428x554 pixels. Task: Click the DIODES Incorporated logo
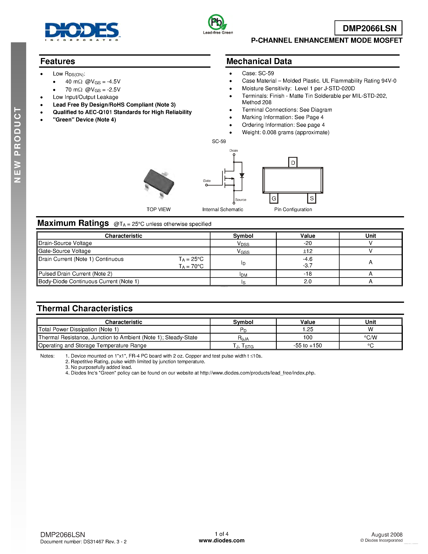click(82, 31)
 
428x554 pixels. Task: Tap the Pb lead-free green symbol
click(217, 23)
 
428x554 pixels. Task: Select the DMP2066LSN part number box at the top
click(368, 28)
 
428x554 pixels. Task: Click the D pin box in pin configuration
click(293, 162)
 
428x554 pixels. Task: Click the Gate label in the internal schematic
click(207, 181)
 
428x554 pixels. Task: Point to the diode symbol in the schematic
click(242, 175)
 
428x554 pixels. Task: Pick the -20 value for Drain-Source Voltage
click(308, 243)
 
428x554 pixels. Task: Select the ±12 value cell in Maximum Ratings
click(308, 251)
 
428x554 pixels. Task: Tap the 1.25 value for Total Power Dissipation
click(308, 329)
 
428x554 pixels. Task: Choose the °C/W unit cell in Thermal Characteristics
click(370, 337)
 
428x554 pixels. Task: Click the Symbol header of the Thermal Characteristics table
click(243, 322)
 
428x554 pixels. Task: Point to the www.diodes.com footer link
click(222, 541)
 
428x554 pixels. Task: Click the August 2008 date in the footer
click(387, 534)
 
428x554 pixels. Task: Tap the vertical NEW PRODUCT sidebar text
click(18, 145)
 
